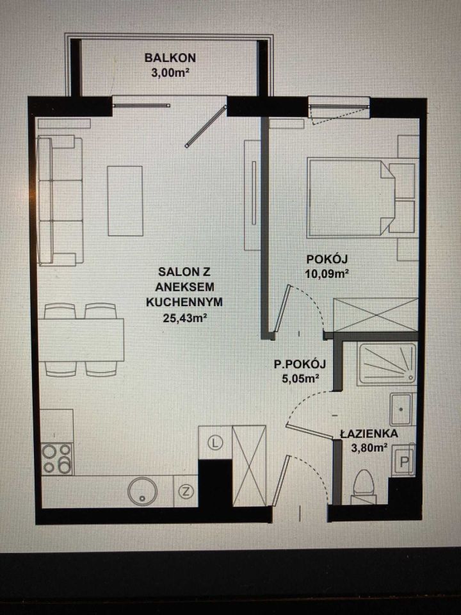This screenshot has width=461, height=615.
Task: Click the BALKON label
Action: (x=170, y=58)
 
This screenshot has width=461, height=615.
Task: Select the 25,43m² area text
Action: (x=184, y=318)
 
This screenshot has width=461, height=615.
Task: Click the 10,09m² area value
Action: (x=327, y=274)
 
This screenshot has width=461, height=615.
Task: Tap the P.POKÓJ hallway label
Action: (x=300, y=365)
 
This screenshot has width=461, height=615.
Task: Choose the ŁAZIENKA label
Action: (x=369, y=434)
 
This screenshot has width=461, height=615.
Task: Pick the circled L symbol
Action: (x=215, y=443)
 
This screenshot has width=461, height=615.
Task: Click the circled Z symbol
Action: (x=186, y=491)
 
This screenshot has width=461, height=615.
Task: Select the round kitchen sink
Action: (x=142, y=491)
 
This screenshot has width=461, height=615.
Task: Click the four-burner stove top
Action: (x=57, y=459)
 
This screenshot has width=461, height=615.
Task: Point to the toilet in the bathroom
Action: (x=363, y=487)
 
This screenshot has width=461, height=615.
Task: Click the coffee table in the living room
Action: (x=125, y=201)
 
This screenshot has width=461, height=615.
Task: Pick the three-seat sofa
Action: (x=60, y=201)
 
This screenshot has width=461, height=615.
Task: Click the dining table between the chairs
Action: (x=81, y=340)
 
